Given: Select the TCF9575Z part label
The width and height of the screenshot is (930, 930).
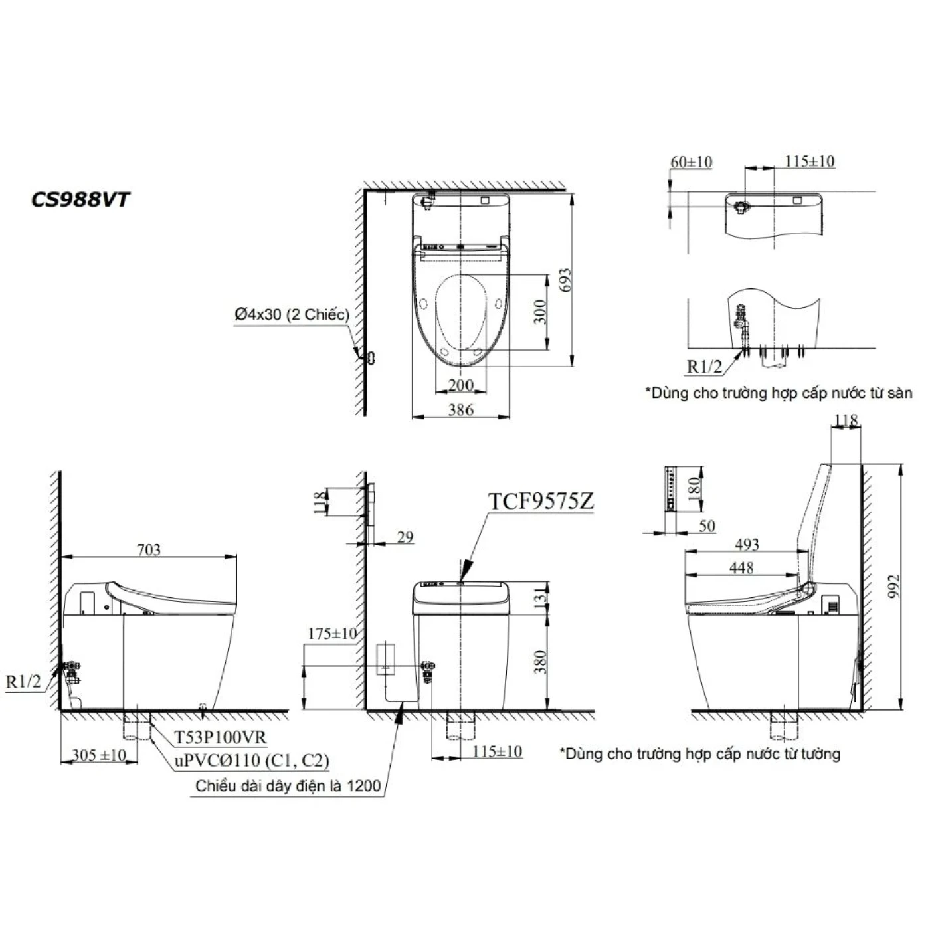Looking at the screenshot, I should (x=541, y=502).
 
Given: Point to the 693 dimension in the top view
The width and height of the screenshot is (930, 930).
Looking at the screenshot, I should (x=565, y=282).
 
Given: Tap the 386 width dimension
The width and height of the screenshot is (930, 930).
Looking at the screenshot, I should (x=460, y=409).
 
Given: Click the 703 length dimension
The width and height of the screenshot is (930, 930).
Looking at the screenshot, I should (x=148, y=549).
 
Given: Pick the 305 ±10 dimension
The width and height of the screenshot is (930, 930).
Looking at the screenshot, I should (x=99, y=755).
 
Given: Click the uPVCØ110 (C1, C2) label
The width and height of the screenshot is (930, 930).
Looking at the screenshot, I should (x=252, y=761).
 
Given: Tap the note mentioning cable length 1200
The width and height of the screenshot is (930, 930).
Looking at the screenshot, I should (x=288, y=786).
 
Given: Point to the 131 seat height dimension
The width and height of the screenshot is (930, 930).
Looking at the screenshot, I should (x=541, y=597).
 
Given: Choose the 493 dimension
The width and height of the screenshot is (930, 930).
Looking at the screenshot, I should (x=747, y=545).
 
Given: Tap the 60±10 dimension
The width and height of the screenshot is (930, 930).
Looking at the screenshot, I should (x=691, y=162).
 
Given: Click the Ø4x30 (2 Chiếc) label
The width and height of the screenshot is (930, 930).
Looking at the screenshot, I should (x=292, y=314).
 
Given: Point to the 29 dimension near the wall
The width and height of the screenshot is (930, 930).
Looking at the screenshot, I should (x=405, y=537).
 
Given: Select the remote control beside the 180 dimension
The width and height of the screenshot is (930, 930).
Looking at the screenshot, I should (x=670, y=490).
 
